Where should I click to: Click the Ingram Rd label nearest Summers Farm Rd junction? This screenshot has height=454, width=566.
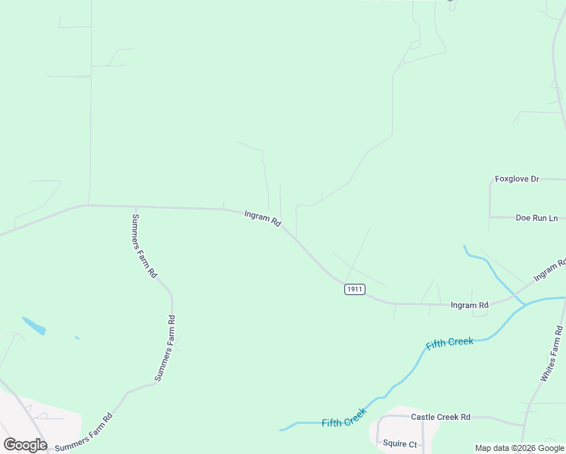263,219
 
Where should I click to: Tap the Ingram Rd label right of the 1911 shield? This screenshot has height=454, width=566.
469,305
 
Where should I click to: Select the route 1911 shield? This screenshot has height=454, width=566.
354,289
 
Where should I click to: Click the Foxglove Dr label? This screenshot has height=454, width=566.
517,179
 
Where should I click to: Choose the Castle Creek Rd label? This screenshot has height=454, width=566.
440,417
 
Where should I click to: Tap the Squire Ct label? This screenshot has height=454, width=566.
400,443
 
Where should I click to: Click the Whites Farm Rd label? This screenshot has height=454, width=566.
552,353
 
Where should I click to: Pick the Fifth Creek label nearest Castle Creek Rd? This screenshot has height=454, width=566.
344,418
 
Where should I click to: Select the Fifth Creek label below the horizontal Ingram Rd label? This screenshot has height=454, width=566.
449,343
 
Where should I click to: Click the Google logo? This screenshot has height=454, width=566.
25,445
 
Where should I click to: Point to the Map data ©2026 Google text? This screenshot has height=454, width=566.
520,448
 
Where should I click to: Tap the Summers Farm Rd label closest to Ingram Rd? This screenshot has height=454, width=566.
144,246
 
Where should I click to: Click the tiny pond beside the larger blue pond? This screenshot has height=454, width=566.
77,337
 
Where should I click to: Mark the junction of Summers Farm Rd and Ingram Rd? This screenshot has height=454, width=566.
135,207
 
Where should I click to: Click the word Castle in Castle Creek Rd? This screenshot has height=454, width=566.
423,417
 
